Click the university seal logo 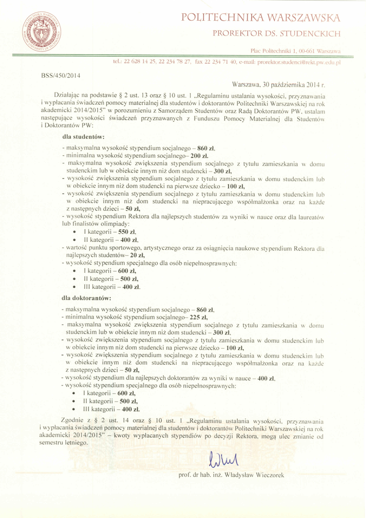click(x=42, y=31)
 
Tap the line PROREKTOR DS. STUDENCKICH click(x=276, y=34)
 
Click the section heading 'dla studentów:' click(x=83, y=137)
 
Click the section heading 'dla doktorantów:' click(x=86, y=298)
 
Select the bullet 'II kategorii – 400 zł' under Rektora click(x=111, y=239)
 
